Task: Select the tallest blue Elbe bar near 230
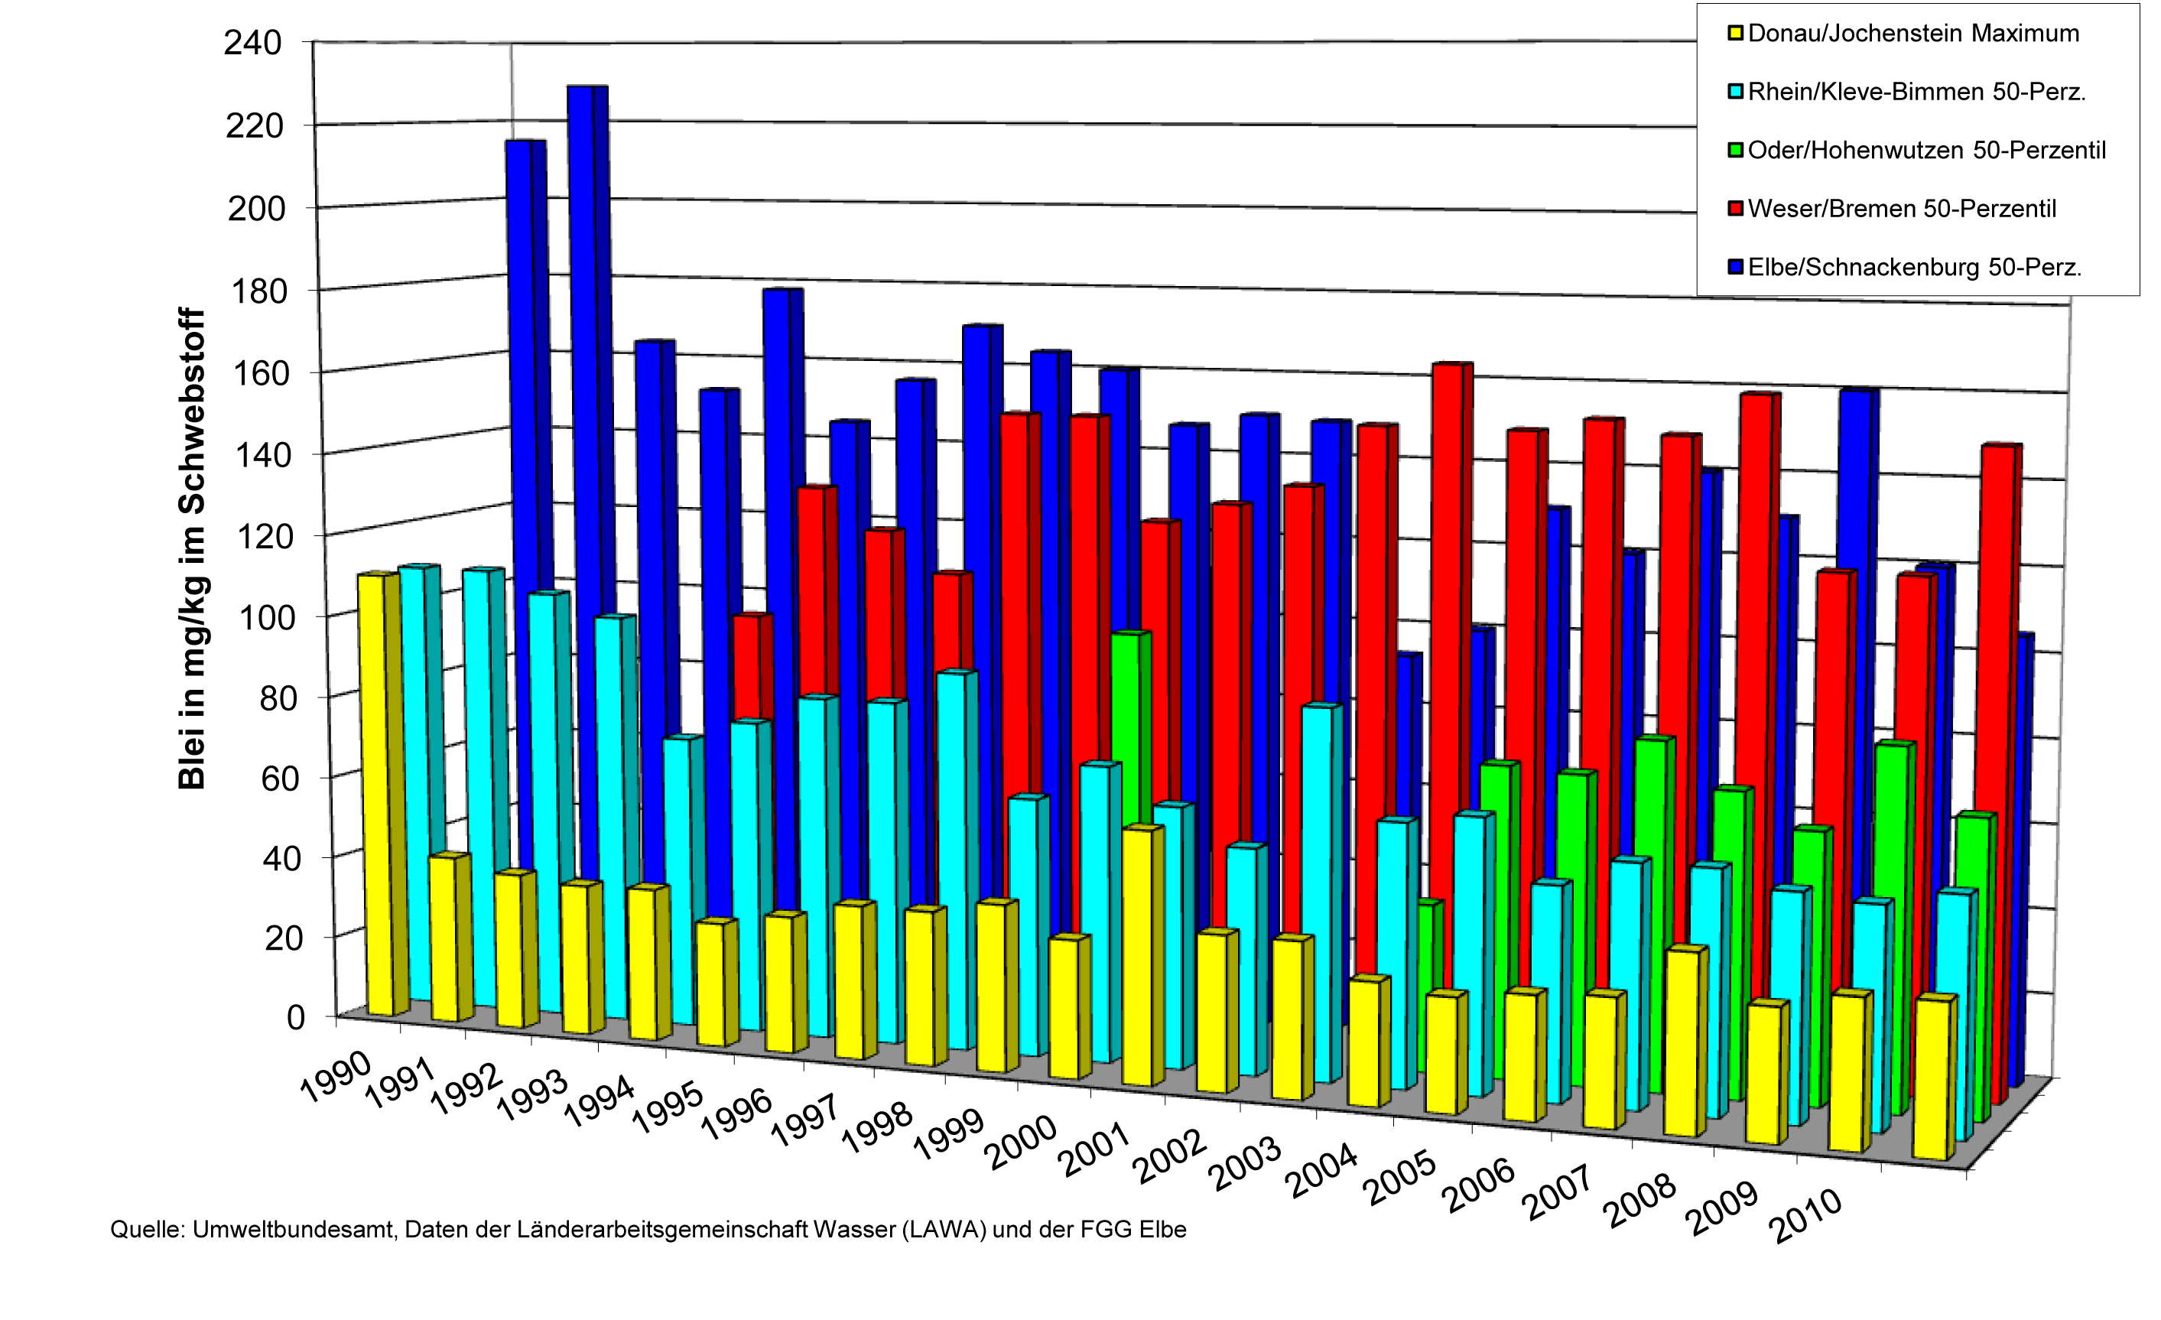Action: coord(583,351)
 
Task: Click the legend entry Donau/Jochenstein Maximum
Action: coord(1912,34)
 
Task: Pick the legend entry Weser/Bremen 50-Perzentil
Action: coord(1900,209)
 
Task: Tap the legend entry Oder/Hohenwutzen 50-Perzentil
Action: coord(1925,150)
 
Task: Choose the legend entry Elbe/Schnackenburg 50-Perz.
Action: coord(1914,267)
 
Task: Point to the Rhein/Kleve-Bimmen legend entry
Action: coord(1916,92)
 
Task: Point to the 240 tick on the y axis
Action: coord(252,42)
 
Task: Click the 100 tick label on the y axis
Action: coord(263,617)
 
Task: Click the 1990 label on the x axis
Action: coord(336,1078)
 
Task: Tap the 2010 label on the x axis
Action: coord(1808,1217)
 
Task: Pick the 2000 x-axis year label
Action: coord(1022,1143)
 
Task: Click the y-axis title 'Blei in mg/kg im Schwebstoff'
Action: coord(191,548)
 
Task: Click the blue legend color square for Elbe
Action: coord(1735,267)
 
